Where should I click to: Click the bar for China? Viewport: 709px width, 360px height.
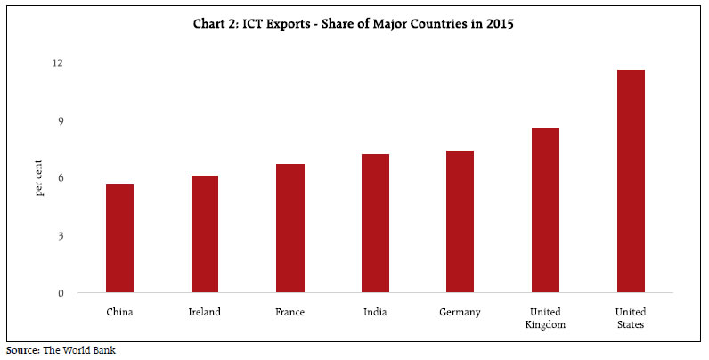[x=119, y=239]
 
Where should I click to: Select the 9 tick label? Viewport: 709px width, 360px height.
[x=60, y=120]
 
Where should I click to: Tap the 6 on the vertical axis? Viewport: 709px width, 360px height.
[x=60, y=178]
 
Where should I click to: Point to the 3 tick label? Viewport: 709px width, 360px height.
[x=60, y=236]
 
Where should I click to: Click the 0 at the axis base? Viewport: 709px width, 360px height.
[x=60, y=293]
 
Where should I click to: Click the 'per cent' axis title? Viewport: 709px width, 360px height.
[x=39, y=178]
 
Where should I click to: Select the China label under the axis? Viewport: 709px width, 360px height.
[x=119, y=312]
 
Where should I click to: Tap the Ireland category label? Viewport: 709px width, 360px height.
[x=205, y=312]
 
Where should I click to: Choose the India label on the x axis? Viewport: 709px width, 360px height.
[x=375, y=312]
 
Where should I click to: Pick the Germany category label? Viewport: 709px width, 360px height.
[x=460, y=312]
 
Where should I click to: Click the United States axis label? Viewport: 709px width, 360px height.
[x=631, y=318]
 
